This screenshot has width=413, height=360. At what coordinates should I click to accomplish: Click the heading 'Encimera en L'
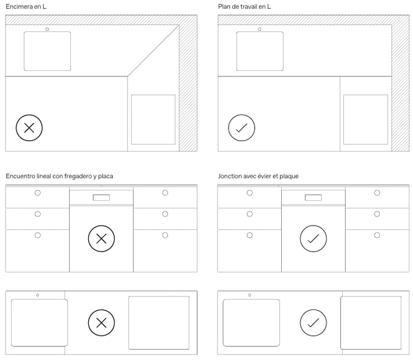(x=26, y=7)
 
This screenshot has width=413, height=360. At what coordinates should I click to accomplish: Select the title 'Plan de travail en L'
(x=244, y=7)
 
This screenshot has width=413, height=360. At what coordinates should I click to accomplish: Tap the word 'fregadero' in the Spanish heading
(x=78, y=176)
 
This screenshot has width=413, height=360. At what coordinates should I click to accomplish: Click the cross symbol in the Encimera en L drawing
(x=29, y=128)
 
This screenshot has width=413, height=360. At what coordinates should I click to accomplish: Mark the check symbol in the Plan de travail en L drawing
(x=242, y=128)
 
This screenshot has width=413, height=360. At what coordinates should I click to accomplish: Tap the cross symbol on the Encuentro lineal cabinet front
(x=102, y=239)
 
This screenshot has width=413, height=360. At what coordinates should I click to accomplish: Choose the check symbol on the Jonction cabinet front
(x=313, y=239)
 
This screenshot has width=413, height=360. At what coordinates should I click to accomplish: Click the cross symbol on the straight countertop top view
(x=102, y=322)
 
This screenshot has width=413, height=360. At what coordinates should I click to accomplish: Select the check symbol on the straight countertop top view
(x=313, y=322)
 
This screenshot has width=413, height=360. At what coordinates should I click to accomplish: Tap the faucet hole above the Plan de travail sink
(x=260, y=29)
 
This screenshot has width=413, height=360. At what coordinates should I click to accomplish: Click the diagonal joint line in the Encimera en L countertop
(x=153, y=51)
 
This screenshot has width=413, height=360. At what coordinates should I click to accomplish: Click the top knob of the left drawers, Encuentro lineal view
(x=38, y=193)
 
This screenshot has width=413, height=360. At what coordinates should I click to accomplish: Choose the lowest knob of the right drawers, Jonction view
(x=377, y=235)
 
